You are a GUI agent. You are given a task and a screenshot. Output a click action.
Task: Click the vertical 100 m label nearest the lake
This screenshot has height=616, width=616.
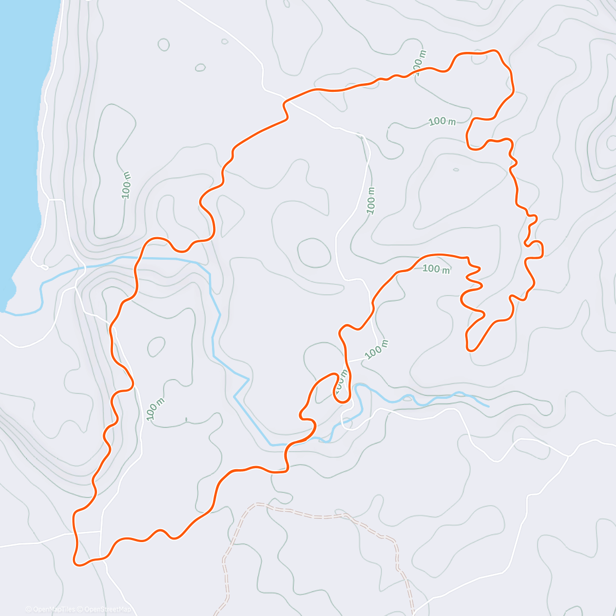click(126, 185)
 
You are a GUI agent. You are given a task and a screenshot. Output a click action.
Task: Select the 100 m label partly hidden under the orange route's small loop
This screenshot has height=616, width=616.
click(340, 382)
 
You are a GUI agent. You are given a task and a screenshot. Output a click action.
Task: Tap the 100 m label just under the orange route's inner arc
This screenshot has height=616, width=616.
click(436, 268)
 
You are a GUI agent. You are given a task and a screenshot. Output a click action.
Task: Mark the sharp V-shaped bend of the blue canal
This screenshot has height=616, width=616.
click(248, 379)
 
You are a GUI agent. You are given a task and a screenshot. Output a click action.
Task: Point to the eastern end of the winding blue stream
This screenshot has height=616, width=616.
click(488, 406)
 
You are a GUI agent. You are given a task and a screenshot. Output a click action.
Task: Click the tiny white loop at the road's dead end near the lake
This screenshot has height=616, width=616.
click(43, 267)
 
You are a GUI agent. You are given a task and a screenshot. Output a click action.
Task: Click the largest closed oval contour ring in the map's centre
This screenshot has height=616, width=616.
click(314, 253)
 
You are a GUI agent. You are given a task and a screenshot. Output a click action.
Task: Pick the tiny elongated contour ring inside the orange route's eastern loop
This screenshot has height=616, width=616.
click(456, 169)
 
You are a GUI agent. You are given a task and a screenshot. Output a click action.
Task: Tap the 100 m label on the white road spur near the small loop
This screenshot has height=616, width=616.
click(377, 350)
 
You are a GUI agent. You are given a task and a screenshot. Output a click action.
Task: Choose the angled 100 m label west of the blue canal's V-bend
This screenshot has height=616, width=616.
click(155, 409)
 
